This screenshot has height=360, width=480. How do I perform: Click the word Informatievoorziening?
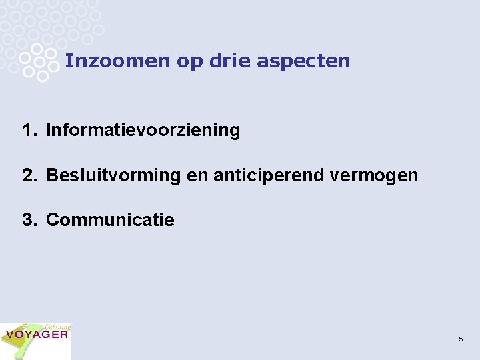click(143, 130)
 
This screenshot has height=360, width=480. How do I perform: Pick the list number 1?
click(27, 130)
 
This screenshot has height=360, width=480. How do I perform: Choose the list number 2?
click(27, 175)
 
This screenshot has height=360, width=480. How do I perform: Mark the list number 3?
click(27, 220)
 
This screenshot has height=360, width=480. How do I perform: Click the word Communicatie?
click(110, 220)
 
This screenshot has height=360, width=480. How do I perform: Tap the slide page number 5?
click(461, 339)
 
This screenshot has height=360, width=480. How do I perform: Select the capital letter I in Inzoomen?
click(68, 61)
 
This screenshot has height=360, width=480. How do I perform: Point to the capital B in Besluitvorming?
click(52, 175)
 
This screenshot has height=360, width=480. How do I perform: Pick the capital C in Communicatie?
click(53, 220)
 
